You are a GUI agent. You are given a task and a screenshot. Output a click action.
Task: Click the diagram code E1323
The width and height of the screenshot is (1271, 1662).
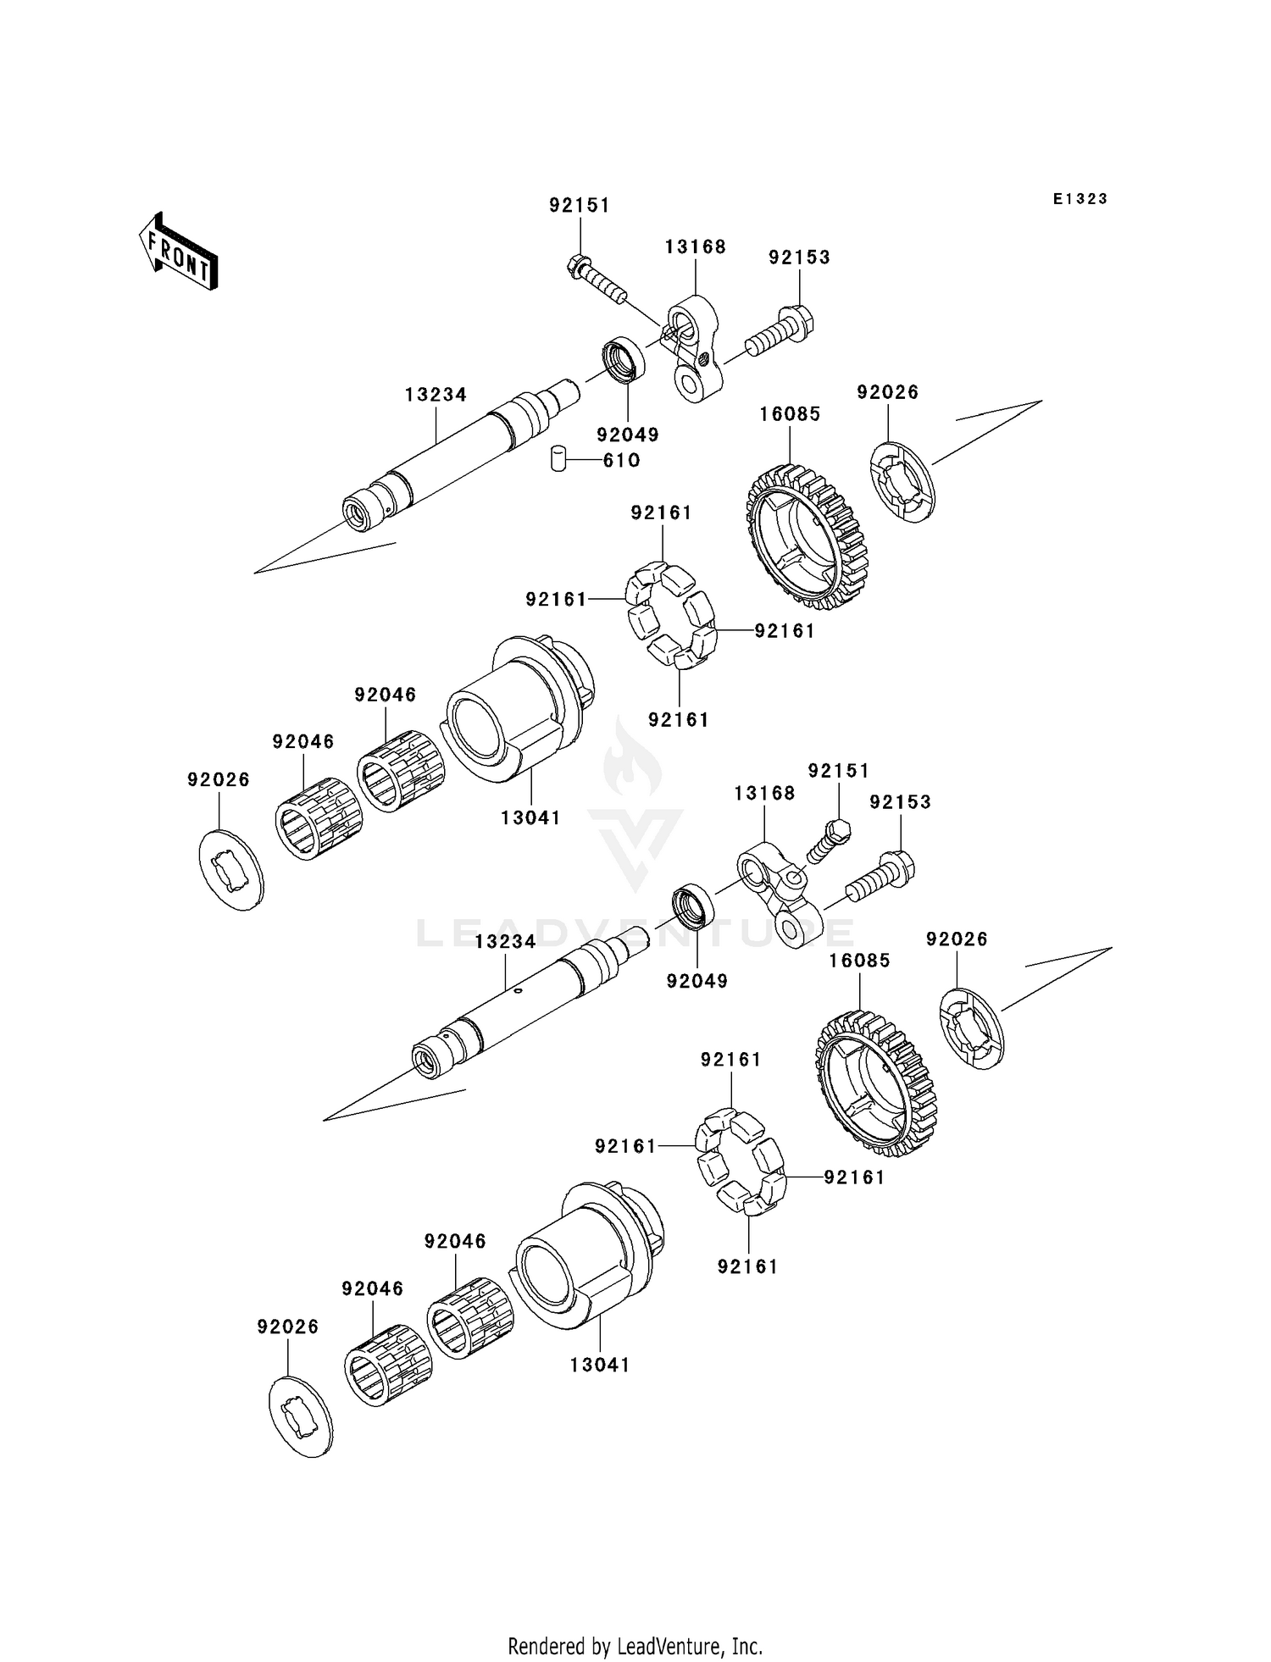point(1080,199)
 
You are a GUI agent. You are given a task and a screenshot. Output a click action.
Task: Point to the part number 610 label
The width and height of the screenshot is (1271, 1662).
point(621,461)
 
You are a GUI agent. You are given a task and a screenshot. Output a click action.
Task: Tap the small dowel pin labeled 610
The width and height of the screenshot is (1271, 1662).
point(558,458)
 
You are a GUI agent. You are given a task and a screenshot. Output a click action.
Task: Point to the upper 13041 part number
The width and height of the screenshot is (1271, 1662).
point(530,818)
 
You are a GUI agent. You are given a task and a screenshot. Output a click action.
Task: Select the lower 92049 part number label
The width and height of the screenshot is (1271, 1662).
point(697,981)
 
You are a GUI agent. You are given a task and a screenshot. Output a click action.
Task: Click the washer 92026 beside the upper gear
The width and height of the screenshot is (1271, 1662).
point(902,482)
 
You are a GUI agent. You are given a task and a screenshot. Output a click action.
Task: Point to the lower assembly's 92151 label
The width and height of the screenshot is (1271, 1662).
point(839,771)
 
